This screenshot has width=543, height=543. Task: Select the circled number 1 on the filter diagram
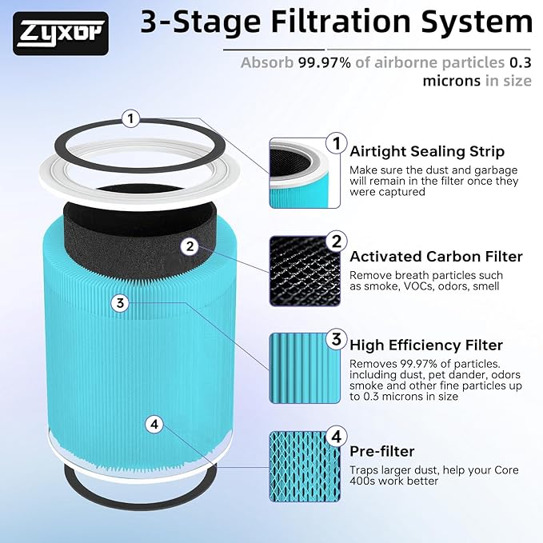point(132,119)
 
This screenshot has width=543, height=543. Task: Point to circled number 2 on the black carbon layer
point(190,246)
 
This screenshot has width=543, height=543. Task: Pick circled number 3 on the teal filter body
point(119,303)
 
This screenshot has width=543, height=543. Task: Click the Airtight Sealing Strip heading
point(427,152)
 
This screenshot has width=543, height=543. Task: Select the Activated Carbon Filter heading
point(436,257)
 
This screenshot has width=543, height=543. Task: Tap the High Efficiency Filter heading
point(426,345)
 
